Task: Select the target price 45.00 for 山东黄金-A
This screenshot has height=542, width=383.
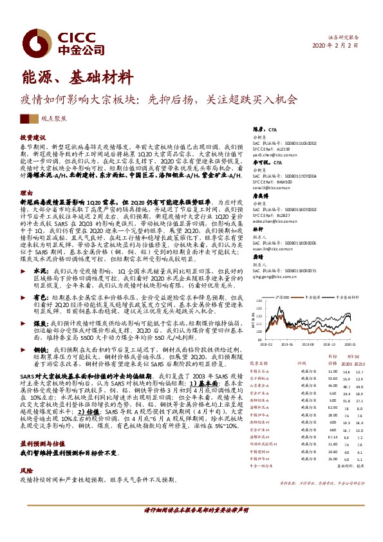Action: tap(332, 386)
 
